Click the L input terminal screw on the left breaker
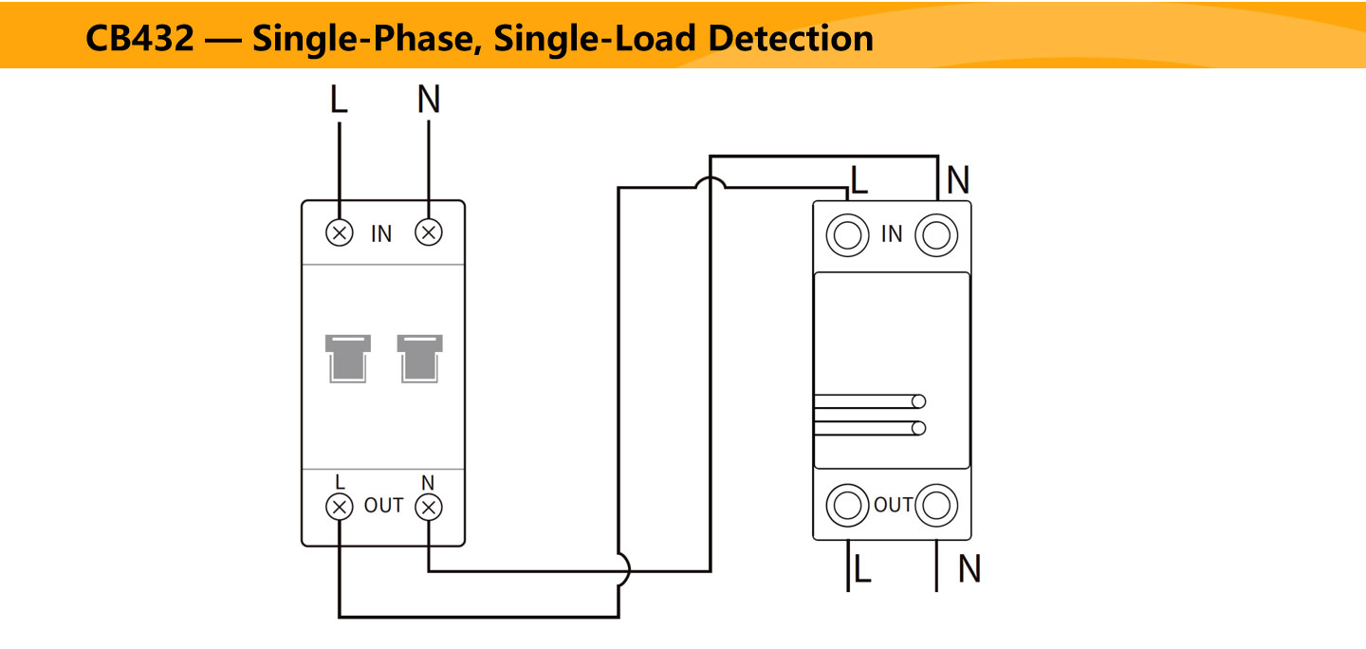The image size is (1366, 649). click(x=340, y=232)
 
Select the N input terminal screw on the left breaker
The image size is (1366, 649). click(x=429, y=232)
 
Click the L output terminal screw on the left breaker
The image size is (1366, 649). click(x=340, y=507)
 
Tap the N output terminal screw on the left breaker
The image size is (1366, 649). click(x=429, y=507)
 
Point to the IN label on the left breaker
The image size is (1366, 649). click(x=381, y=234)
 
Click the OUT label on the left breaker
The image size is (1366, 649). click(x=384, y=506)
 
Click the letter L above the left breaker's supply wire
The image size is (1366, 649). click(x=339, y=99)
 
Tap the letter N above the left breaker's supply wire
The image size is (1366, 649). click(x=429, y=99)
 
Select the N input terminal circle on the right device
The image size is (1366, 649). click(x=936, y=234)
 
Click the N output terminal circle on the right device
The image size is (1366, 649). click(x=936, y=505)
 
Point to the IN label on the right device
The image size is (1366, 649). click(x=892, y=234)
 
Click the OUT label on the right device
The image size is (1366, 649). click(x=893, y=505)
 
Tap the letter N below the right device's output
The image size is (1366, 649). click(x=969, y=569)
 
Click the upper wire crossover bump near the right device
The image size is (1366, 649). click(x=711, y=183)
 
